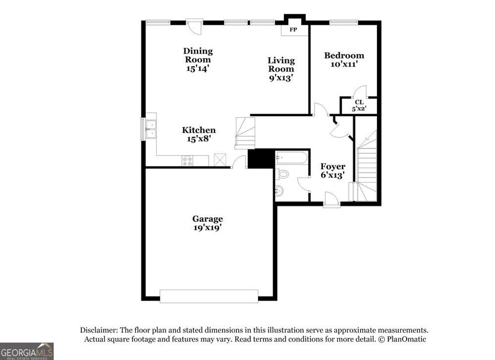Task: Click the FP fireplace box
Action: (293, 30)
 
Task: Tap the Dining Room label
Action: (198, 60)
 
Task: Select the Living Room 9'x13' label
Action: (281, 69)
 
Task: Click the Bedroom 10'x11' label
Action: (344, 60)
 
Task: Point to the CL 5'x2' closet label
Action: (359, 105)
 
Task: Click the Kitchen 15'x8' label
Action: (199, 134)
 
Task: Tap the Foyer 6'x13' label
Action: (333, 171)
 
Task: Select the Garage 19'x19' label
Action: (208, 223)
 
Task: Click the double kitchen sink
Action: (151, 127)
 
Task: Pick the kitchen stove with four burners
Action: (188, 161)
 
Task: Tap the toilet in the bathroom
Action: (283, 174)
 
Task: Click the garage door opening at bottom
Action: (209, 296)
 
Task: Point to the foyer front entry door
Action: (331, 199)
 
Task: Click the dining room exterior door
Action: (194, 26)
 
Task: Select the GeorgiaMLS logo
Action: (27, 351)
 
